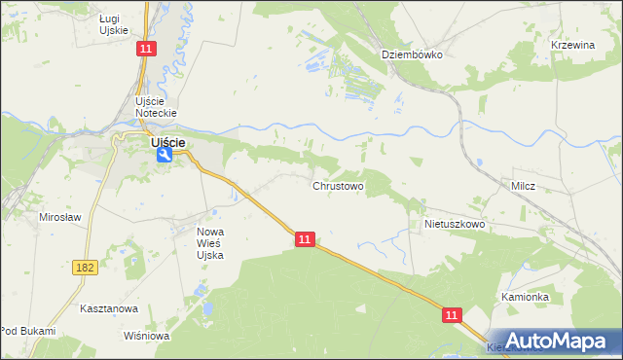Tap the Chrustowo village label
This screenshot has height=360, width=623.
(338, 185)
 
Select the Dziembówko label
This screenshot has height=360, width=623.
(412, 54)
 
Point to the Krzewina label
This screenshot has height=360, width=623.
(571, 45)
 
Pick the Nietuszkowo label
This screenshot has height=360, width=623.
(454, 224)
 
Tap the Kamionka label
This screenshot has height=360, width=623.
(526, 297)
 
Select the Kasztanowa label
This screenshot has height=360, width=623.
(109, 308)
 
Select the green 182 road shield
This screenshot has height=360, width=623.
(85, 266)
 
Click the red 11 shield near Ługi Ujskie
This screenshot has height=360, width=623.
(145, 50)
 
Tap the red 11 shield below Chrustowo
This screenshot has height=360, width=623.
(306, 239)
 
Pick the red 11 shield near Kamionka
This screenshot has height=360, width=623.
(452, 315)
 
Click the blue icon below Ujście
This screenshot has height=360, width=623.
(166, 154)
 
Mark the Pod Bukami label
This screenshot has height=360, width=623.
(27, 332)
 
